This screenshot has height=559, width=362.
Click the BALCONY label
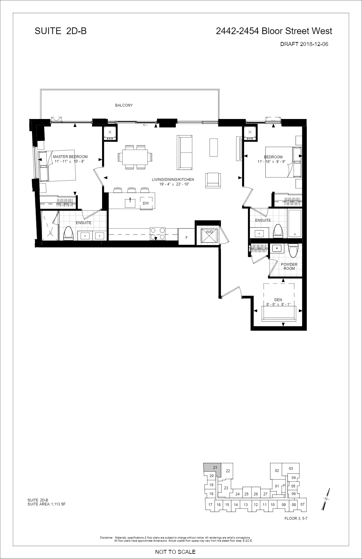click(124, 105)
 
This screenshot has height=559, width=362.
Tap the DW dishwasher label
click(146, 203)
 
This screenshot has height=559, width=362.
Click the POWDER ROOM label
click(289, 266)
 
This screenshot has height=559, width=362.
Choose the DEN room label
click(278, 300)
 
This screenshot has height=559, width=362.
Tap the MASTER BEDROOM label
click(70, 157)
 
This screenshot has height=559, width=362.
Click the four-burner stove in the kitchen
click(158, 234)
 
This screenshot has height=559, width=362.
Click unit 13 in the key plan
click(246, 505)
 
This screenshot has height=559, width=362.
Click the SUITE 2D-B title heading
click(61, 31)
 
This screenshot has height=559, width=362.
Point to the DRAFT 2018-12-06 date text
click(304, 44)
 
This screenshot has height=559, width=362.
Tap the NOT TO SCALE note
click(175, 552)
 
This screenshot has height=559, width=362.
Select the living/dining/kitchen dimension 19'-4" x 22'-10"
click(173, 184)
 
